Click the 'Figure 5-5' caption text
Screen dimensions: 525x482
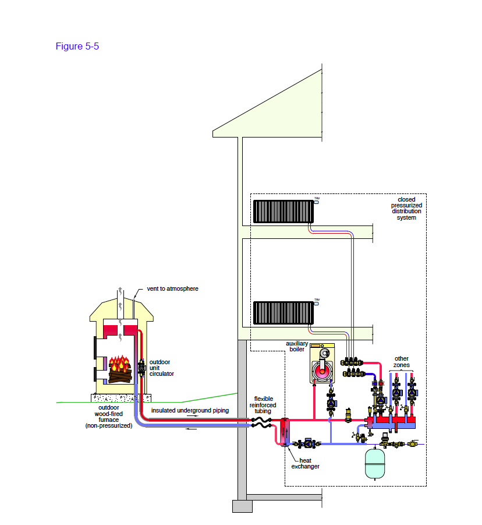[77, 46]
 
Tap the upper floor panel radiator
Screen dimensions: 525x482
[283, 211]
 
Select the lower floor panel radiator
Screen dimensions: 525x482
[283, 313]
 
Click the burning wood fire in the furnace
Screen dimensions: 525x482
[119, 367]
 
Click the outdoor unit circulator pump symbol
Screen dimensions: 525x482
[141, 369]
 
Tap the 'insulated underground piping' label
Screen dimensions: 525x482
[190, 411]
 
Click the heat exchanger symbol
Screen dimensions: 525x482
[285, 432]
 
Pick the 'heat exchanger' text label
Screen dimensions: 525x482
[306, 463]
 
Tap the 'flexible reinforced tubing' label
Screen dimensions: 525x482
[263, 405]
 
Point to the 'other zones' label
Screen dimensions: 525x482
[402, 362]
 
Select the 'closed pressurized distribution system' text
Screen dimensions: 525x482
[406, 209]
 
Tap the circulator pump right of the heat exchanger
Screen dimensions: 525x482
[309, 443]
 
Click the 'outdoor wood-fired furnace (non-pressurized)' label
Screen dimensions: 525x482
[108, 416]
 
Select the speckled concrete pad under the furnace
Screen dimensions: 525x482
[119, 398]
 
